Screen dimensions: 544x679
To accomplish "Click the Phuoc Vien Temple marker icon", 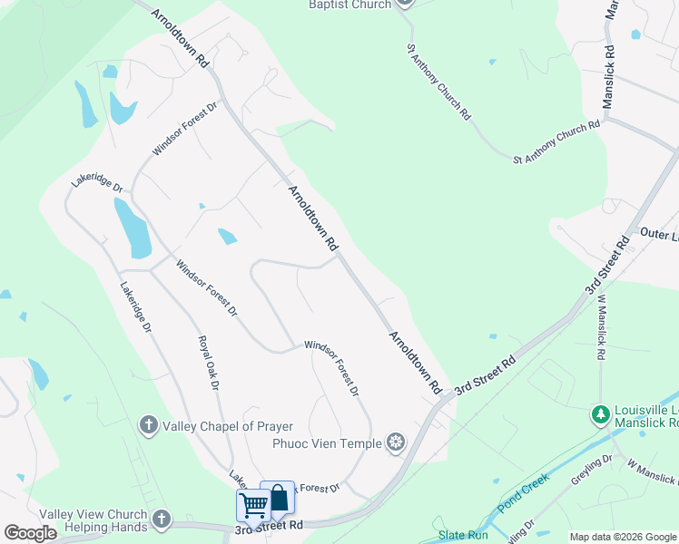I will tap(395, 442).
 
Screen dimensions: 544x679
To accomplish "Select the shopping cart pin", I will tap(253, 503).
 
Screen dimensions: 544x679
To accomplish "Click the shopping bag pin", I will tap(278, 497).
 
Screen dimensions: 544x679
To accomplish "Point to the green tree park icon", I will tap(599, 414).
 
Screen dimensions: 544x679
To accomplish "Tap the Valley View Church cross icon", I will tap(161, 520).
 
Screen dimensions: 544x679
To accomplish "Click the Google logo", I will tap(30, 533).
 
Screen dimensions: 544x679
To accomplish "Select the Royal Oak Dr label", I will tap(209, 363).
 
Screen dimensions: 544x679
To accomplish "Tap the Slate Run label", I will tap(463, 535).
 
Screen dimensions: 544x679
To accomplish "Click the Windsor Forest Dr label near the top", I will tap(185, 129).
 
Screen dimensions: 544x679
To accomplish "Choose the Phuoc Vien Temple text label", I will tap(327, 443).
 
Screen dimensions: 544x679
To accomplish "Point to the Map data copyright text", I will tap(623, 537).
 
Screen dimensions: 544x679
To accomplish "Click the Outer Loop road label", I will tap(659, 234).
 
